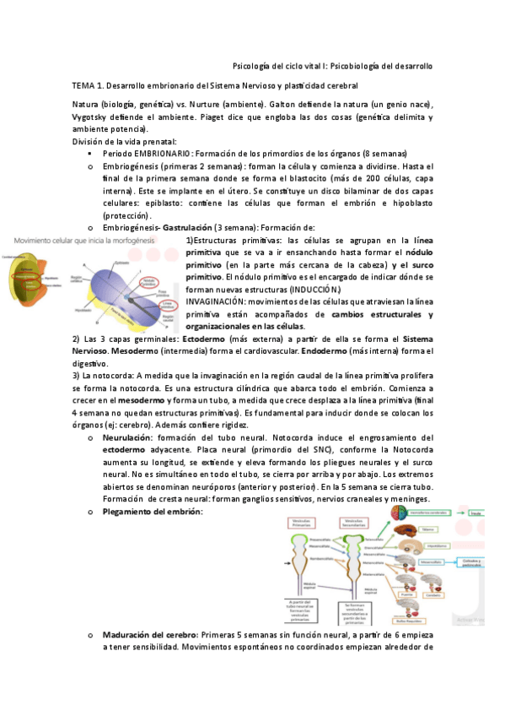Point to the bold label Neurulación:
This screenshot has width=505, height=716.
click(128, 437)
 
